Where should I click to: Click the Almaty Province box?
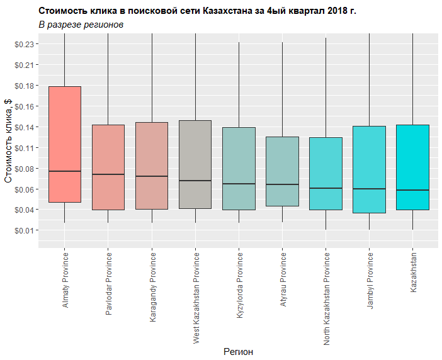click(65, 144)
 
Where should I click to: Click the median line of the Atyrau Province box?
click(282, 184)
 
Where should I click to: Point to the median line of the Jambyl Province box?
click(369, 189)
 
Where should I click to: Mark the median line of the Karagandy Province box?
click(152, 176)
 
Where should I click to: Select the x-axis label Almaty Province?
click(65, 279)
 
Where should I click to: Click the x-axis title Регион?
click(238, 352)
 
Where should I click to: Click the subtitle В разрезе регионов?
click(81, 25)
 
